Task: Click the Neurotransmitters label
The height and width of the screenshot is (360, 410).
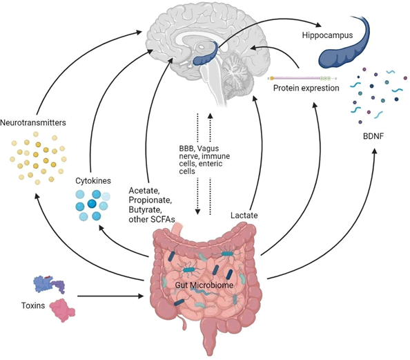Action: point(33,122)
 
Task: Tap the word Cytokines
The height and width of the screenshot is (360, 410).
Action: point(93,180)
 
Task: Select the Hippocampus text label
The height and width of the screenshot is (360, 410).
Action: point(327,35)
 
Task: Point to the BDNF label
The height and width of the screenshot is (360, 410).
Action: point(373,136)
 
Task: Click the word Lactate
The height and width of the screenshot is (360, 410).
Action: point(244,215)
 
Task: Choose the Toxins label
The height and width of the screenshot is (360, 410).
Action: point(33,305)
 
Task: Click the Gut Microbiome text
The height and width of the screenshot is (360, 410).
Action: point(204,285)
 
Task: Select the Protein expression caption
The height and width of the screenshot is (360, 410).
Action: point(306,88)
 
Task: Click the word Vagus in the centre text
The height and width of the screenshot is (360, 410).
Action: point(208,149)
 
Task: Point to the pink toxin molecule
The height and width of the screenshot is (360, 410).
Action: point(62,310)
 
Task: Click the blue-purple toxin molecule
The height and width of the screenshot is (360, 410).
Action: point(49,284)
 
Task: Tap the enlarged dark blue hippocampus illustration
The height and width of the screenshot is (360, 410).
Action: point(344,44)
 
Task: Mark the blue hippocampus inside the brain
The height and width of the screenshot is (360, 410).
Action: point(206,54)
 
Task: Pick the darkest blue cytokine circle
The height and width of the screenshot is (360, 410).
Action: point(92,203)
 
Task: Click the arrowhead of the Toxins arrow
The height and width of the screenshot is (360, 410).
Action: point(141,296)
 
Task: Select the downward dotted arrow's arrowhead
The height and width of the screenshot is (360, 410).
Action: point(198,212)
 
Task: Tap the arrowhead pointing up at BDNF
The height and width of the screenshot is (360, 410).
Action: point(375,151)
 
